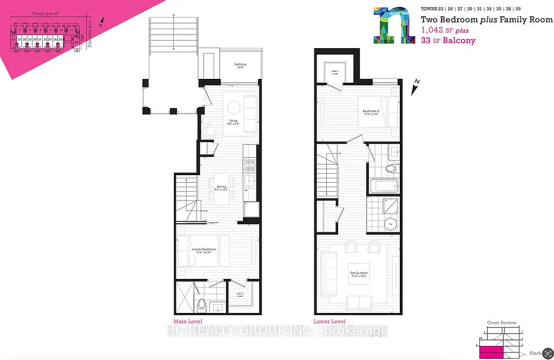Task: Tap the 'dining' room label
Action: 221,188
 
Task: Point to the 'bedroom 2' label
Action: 371,112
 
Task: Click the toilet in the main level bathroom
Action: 201,305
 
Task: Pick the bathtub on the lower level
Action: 384,185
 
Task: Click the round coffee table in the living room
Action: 233,106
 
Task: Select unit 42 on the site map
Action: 12,39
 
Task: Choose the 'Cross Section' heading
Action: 502,323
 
